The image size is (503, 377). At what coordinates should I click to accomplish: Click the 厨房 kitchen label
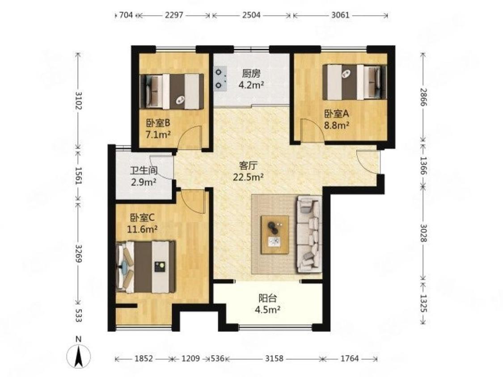[x=251, y=74]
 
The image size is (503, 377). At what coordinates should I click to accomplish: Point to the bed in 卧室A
[x=355, y=82]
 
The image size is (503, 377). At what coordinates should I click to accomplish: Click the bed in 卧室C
[x=146, y=267]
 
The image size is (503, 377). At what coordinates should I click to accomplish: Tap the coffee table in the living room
[x=275, y=235]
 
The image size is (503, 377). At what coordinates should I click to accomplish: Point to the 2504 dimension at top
[x=251, y=15]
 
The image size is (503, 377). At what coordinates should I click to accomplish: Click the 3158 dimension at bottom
[x=274, y=358]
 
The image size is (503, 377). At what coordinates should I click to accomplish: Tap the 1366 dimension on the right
[x=423, y=166]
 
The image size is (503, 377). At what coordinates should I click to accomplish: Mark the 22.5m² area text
[x=248, y=177]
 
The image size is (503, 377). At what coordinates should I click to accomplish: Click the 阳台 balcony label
[x=267, y=298]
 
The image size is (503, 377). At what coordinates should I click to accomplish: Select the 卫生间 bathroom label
[x=144, y=170]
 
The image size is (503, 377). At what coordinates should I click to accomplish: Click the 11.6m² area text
[x=142, y=229]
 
